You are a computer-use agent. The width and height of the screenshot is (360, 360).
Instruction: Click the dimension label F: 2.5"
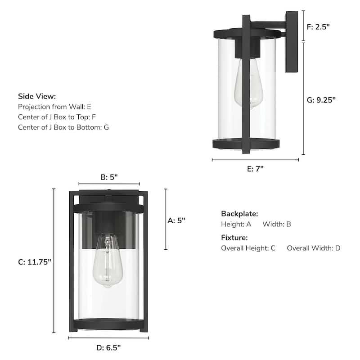coord(318,27)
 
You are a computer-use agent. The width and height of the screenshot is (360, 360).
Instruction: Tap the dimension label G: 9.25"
coord(321,100)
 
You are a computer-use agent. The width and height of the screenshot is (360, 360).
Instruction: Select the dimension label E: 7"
coord(255,168)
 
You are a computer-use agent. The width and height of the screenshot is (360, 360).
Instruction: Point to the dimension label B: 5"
coord(108,177)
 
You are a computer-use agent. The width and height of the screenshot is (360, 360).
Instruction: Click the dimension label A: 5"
coord(176,220)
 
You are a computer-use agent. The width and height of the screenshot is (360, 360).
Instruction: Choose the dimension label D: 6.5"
coord(108,347)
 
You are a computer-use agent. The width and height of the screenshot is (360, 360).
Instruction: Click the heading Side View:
coord(37,96)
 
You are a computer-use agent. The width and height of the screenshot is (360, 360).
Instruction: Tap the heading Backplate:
coord(239,214)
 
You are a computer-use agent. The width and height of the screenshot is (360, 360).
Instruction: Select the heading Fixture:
coord(234,238)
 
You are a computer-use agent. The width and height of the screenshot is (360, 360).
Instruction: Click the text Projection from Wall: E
coord(54,107)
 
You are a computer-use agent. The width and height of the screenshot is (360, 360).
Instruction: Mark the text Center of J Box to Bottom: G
coord(63,127)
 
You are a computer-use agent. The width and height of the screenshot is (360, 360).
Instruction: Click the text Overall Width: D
coord(314,248)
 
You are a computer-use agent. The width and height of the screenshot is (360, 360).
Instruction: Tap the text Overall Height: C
coord(248,248)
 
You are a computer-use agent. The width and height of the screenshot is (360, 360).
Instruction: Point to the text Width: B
coord(277,224)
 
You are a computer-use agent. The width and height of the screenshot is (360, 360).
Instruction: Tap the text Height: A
coord(236,224)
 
